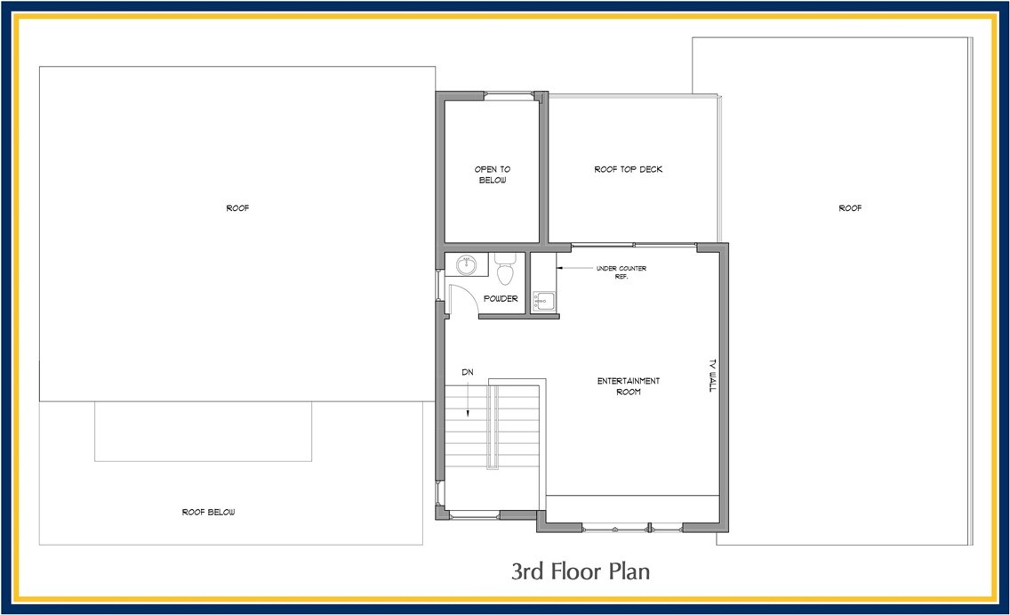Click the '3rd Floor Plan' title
tap(580, 570)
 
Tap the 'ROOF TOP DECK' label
tap(628, 169)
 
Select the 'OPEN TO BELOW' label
tap(492, 174)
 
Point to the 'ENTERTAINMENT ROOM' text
tap(628, 386)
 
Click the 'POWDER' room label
tap(501, 299)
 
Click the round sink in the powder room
tap(465, 263)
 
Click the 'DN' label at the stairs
tap(467, 372)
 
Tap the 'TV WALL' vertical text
tap(711, 375)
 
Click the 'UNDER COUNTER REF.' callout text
tap(621, 271)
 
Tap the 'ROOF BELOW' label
tap(209, 512)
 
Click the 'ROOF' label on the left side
tap(237, 208)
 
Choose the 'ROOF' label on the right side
tap(850, 208)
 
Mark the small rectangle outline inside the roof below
tap(203, 432)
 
